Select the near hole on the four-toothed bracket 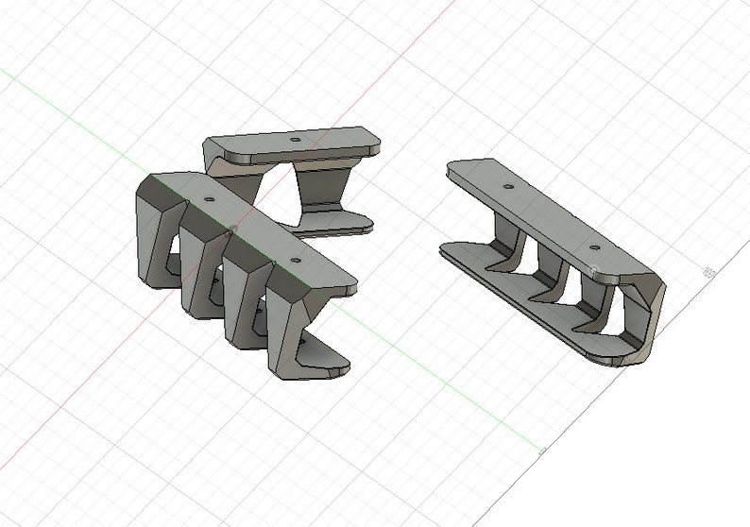tap(297, 257)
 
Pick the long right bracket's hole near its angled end tap(594, 247)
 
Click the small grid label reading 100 tap(707, 273)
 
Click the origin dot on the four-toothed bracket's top tap(230, 228)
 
